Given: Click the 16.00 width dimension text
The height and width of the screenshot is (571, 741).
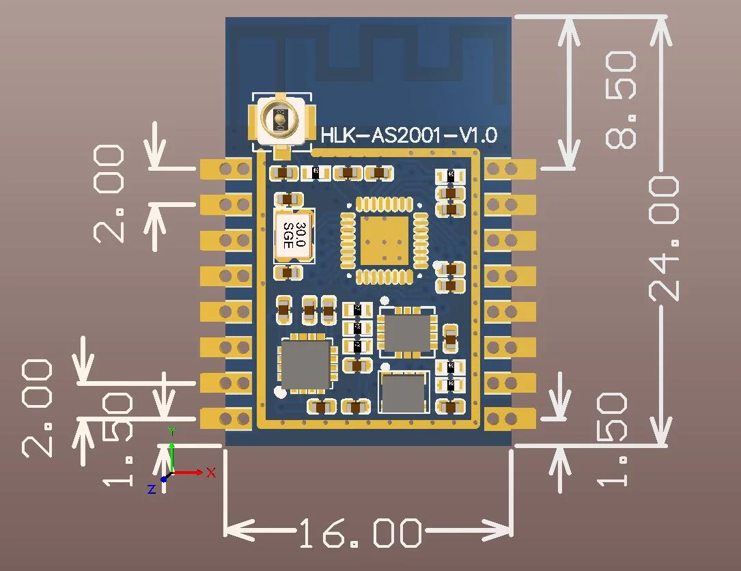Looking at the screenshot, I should (360, 533).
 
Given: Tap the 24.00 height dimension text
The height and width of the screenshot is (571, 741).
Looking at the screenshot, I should (665, 238).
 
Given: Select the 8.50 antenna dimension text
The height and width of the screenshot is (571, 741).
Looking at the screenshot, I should (621, 101).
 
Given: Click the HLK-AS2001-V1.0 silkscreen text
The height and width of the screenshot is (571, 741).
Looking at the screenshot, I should (409, 135).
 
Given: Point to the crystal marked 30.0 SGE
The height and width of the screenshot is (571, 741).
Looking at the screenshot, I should (294, 236).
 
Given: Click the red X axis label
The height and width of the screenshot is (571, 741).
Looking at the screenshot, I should (211, 472).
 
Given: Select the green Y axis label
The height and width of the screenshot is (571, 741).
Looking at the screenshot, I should (172, 431).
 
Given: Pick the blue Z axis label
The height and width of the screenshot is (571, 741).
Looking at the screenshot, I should (152, 489).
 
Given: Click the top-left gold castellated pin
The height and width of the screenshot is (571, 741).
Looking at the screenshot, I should (226, 168).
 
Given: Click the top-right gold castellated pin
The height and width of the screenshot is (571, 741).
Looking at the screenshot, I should (508, 168).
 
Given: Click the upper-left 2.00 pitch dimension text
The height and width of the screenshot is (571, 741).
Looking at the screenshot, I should (109, 194).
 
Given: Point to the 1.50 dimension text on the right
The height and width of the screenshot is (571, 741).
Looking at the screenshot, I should (612, 439).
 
